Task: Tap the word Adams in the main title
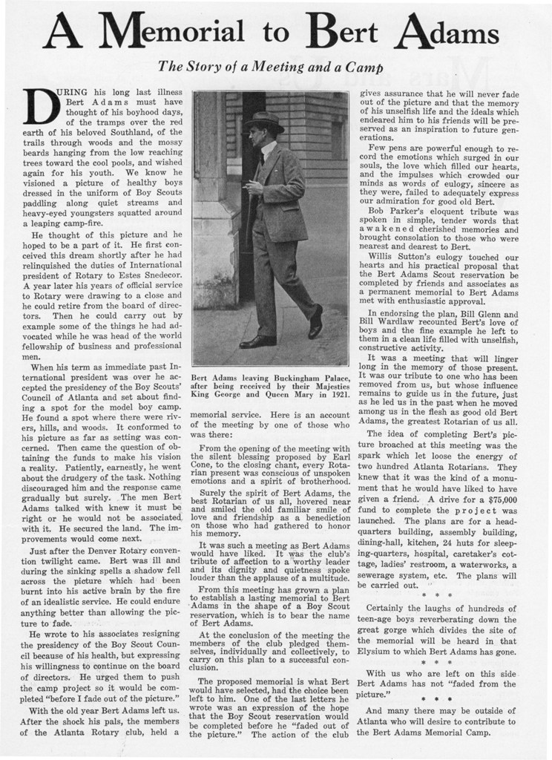pos(450,33)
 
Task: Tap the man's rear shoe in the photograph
pos(257,341)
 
